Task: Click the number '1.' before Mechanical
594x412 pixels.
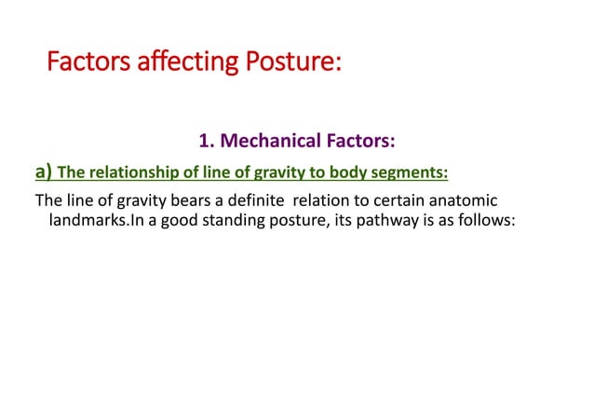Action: pos(207,142)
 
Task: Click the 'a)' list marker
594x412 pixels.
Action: pos(44,171)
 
